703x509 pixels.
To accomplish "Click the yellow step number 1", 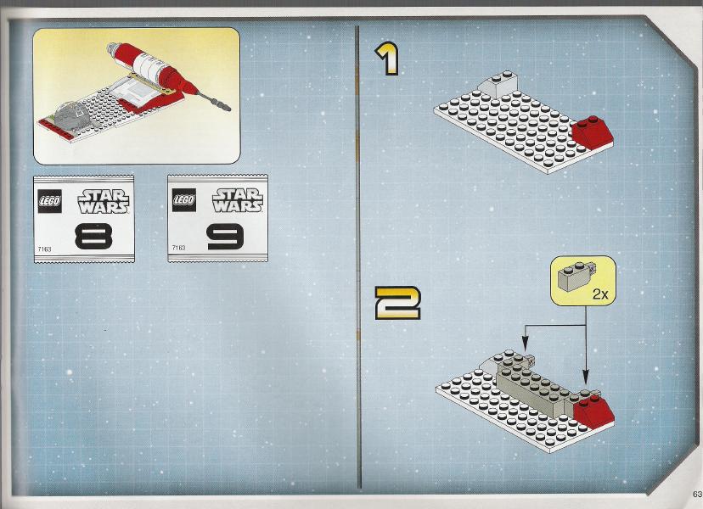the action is (387, 59).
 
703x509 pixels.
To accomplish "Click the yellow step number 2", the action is (397, 304).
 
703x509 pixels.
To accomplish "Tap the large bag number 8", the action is (93, 236).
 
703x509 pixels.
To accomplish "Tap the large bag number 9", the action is (226, 237).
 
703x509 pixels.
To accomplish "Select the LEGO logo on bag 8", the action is (50, 201).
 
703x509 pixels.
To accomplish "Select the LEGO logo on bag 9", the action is (184, 200).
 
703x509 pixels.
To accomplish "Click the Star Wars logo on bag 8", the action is (104, 201).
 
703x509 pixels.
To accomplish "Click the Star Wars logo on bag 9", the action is (238, 200).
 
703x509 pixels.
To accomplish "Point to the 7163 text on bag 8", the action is (44, 249).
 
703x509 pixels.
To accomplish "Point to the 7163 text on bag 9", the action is (178, 248).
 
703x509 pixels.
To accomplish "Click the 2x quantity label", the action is (600, 294).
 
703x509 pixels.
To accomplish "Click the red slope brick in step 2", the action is (593, 410).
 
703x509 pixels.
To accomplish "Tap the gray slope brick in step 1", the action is (498, 84).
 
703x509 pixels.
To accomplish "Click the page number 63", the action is (697, 494).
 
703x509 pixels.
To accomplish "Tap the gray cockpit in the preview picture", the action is (71, 115).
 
